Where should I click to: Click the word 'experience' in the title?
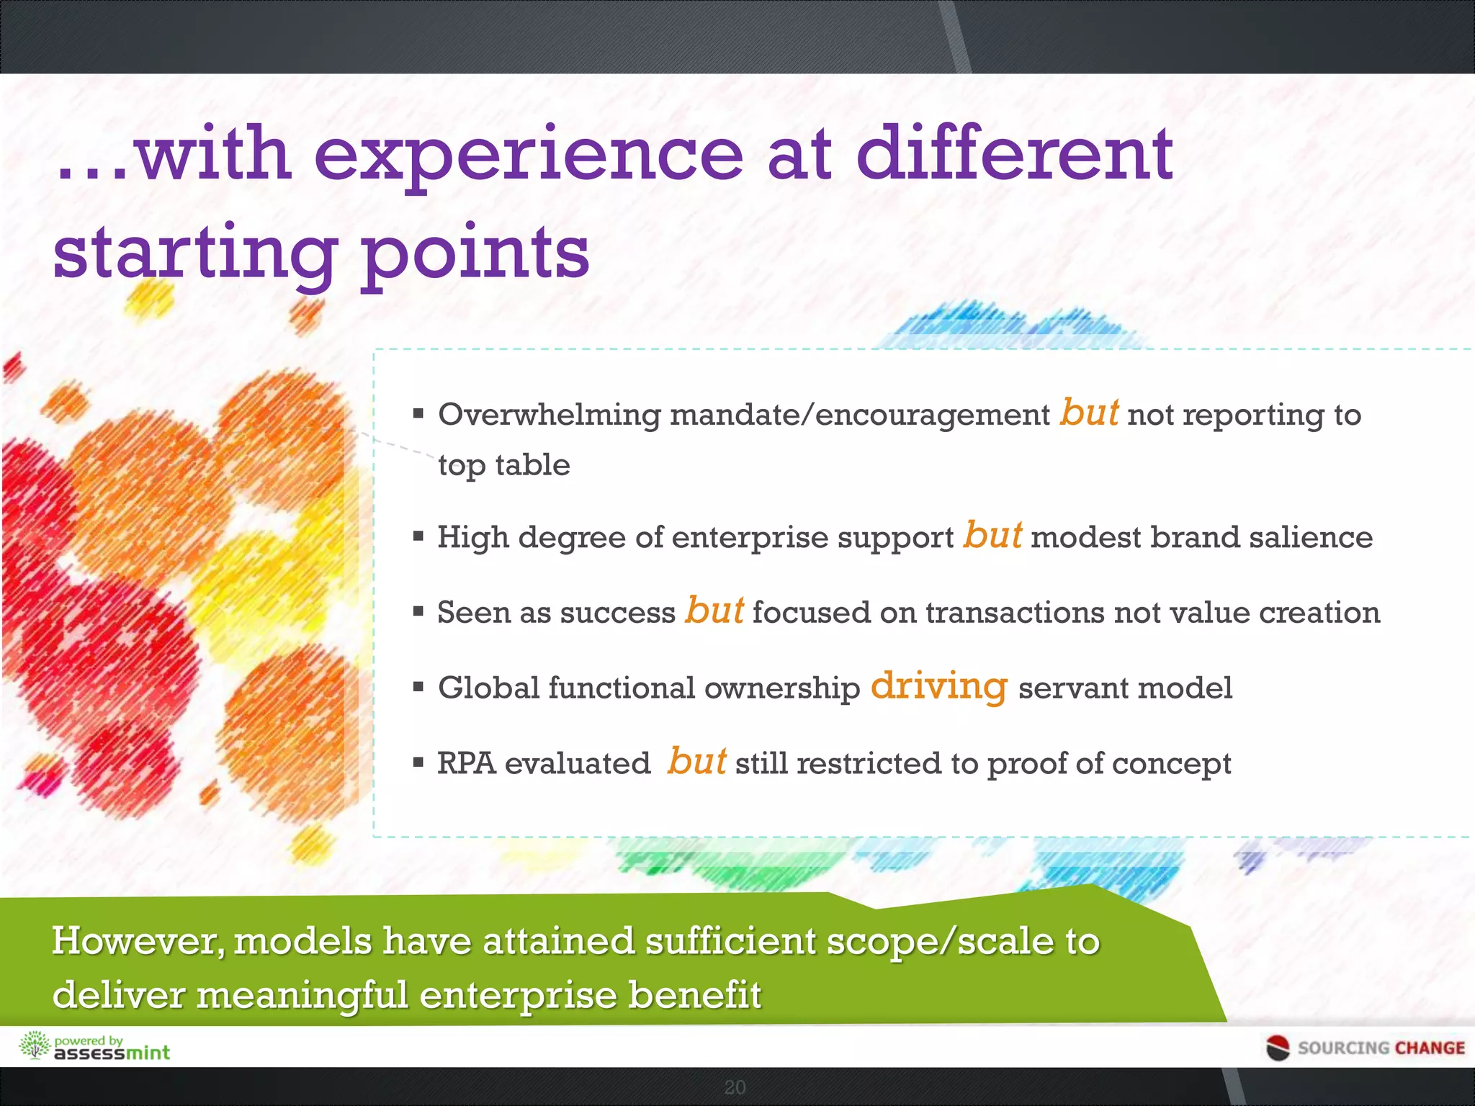click(x=528, y=155)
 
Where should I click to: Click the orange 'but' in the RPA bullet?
click(x=696, y=761)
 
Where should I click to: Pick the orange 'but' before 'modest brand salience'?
click(x=992, y=535)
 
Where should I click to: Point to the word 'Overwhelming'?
click(x=549, y=415)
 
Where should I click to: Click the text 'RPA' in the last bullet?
click(x=466, y=763)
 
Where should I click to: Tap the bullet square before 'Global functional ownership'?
click(x=418, y=686)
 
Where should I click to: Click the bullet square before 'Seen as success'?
click(x=418, y=611)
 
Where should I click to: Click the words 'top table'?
click(x=504, y=465)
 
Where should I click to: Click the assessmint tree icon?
click(x=33, y=1046)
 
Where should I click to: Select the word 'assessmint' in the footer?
click(x=112, y=1053)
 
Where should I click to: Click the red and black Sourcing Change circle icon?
click(x=1278, y=1048)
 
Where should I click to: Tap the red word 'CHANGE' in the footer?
click(x=1429, y=1048)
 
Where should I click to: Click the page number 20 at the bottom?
click(x=735, y=1087)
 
